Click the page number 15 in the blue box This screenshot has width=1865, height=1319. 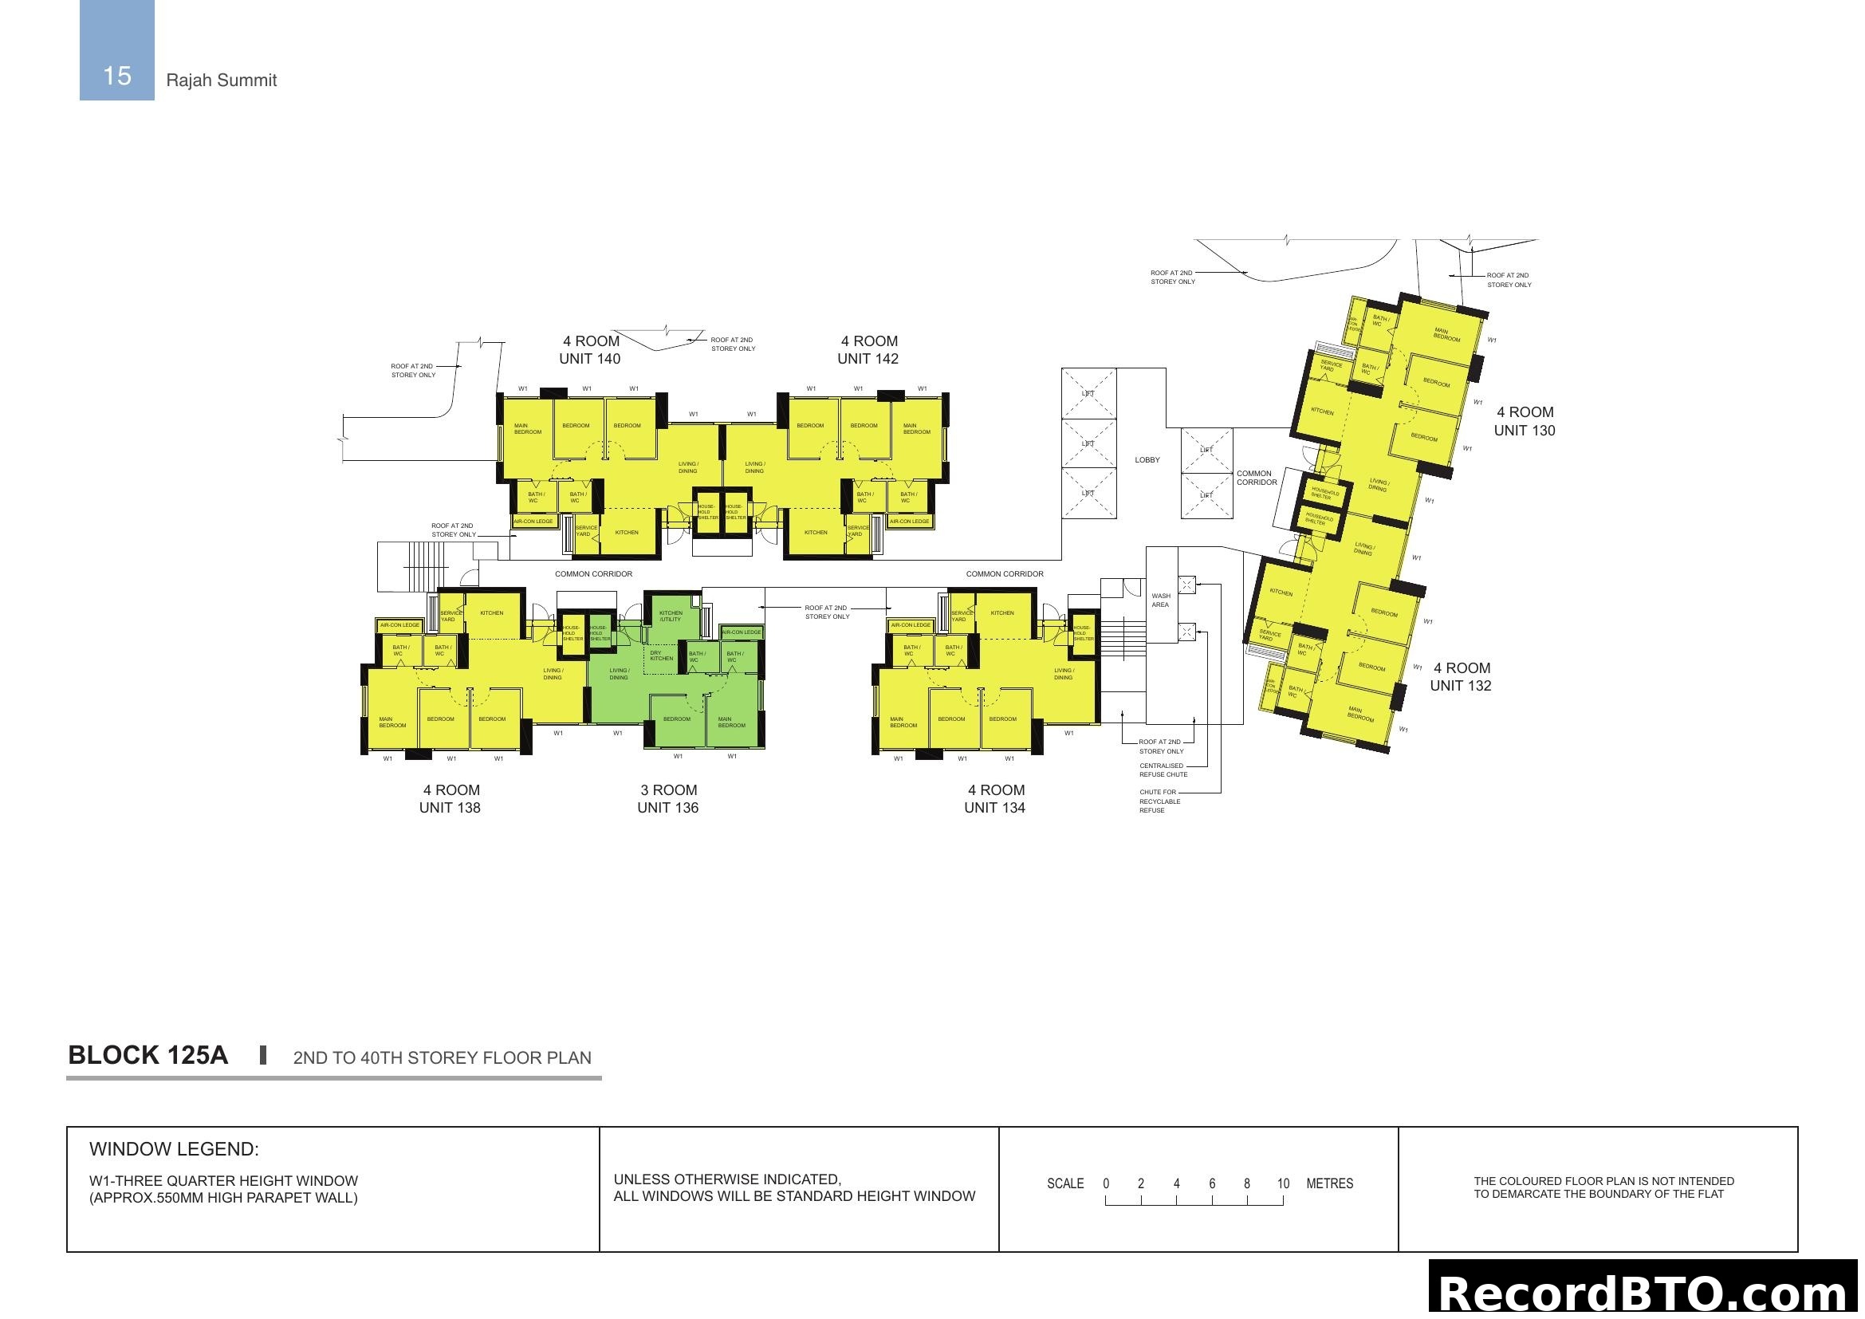pyautogui.click(x=117, y=76)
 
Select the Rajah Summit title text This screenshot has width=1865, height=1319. pyautogui.click(x=221, y=81)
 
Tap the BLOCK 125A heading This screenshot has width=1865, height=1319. pyautogui.click(x=148, y=1055)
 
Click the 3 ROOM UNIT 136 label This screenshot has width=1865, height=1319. pyautogui.click(x=667, y=798)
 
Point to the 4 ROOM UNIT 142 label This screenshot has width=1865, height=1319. pyautogui.click(x=868, y=350)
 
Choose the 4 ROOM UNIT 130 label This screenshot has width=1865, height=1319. pyautogui.click(x=1525, y=422)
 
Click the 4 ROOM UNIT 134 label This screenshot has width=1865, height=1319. pyautogui.click(x=995, y=798)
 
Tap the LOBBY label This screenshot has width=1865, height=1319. pyautogui.click(x=1147, y=460)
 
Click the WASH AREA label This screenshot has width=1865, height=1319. pyautogui.click(x=1161, y=600)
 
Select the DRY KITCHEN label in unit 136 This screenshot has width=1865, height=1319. pyautogui.click(x=660, y=656)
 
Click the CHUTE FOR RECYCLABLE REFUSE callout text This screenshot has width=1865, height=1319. pyautogui.click(x=1159, y=801)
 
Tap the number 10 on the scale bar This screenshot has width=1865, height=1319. pyautogui.click(x=1283, y=1183)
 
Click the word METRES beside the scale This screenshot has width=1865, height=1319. pyautogui.click(x=1330, y=1183)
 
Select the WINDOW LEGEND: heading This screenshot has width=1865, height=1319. pyautogui.click(x=174, y=1149)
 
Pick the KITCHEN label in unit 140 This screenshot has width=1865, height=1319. pyautogui.click(x=626, y=533)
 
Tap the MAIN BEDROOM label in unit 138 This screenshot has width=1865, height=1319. pyautogui.click(x=391, y=722)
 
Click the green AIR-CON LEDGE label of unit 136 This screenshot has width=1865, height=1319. pyautogui.click(x=742, y=632)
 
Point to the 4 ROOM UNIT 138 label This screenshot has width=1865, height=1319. pyautogui.click(x=450, y=798)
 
